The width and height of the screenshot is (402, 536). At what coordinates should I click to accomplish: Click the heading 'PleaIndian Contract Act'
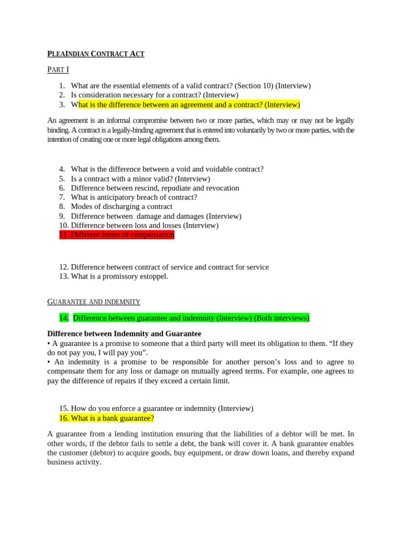click(96, 53)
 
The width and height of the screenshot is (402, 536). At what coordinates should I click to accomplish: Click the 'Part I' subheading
click(58, 69)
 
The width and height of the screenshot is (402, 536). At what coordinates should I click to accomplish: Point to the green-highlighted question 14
click(184, 318)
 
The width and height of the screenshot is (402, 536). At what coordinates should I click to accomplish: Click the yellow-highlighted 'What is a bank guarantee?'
click(107, 418)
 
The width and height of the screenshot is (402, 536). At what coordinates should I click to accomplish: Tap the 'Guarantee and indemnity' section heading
click(94, 302)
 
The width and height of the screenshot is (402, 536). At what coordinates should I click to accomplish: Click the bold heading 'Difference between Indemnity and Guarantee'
click(124, 333)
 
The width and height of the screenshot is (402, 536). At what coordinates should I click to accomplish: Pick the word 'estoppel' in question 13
click(153, 276)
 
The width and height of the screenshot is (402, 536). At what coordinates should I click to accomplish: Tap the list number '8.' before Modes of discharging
click(62, 207)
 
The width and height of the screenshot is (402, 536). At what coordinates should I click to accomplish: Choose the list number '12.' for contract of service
click(64, 267)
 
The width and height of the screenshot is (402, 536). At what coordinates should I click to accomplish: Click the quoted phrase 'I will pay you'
click(122, 353)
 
